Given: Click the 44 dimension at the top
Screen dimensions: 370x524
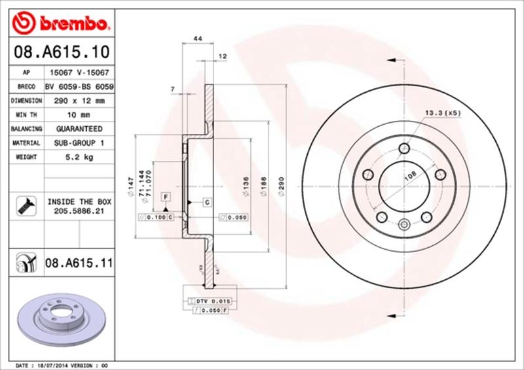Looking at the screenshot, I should coord(196,40).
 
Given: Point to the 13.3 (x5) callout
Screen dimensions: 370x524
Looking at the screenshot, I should coord(443,113).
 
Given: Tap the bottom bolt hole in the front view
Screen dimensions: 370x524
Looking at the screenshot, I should coord(403,226).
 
